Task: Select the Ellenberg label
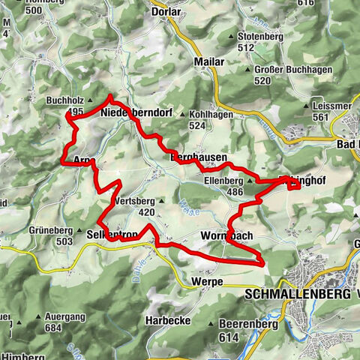223,181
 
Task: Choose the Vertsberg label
135,202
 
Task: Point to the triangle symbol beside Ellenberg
249,181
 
